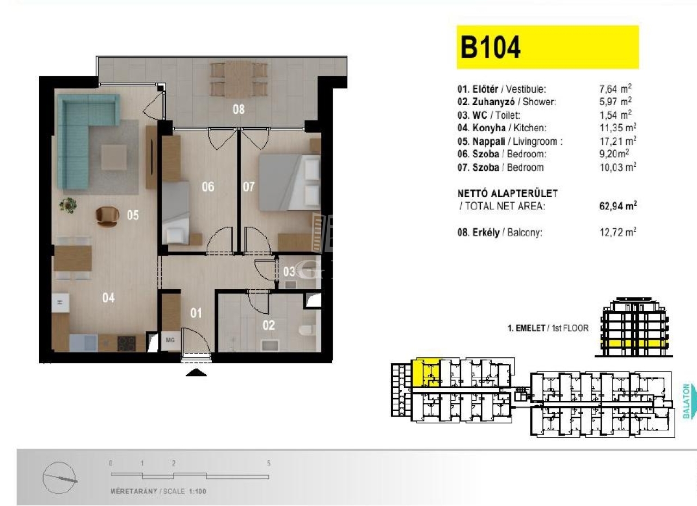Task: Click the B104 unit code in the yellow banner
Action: coord(491,47)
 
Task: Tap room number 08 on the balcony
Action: coord(239,109)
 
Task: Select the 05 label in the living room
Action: coord(133,215)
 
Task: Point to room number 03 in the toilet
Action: coord(289,272)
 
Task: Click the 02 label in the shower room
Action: coord(268,326)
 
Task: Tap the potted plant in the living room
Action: coord(68,205)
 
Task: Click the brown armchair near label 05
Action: coord(107,216)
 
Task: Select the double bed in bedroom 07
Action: coord(290,182)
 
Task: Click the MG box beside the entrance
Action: coord(170,340)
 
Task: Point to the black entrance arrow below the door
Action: coord(196,373)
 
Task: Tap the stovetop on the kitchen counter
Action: coord(126,344)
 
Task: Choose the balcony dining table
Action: coord(239,80)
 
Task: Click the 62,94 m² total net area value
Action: coord(618,206)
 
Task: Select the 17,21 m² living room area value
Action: coord(618,141)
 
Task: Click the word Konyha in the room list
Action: coord(489,128)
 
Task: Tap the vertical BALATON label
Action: coord(686,401)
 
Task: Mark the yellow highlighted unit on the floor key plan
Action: coord(426,373)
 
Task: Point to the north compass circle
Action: coord(59,478)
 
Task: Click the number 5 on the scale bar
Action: coord(268,464)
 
